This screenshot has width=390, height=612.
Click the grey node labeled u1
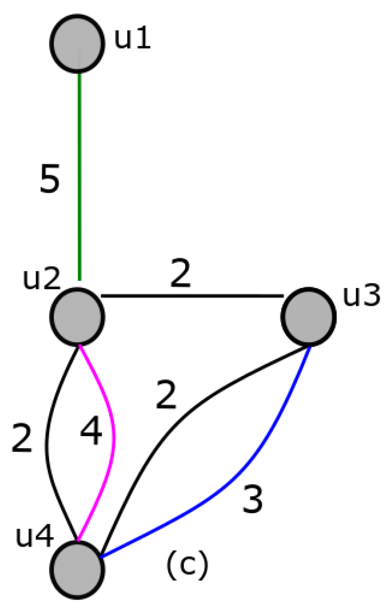pyautogui.click(x=77, y=42)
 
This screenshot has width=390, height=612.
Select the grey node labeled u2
pyautogui.click(x=77, y=316)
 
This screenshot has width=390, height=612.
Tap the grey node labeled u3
pyautogui.click(x=308, y=315)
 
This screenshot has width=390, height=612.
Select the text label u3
pyautogui.click(x=361, y=296)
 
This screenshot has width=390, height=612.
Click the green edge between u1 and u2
pyautogui.click(x=79, y=173)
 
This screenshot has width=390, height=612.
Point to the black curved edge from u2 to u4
pyautogui.click(x=49, y=445)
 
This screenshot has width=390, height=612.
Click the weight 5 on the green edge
pyautogui.click(x=50, y=181)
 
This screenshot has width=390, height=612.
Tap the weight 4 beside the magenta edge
pyautogui.click(x=91, y=434)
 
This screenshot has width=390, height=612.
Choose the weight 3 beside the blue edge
pyautogui.click(x=253, y=500)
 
